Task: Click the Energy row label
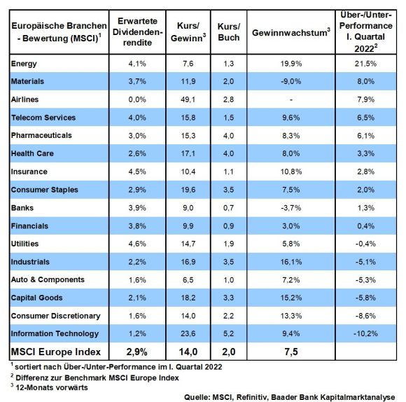24,64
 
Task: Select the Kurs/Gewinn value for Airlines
188,99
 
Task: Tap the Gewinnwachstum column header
291,32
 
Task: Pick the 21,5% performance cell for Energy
365,64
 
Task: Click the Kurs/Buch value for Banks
229,208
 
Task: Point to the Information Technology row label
55,333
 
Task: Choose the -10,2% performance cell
365,333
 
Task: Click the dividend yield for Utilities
137,244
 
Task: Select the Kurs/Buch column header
229,32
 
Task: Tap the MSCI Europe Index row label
56,352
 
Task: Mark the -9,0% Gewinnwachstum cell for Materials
291,82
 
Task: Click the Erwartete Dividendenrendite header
137,32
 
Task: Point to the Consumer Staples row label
45,190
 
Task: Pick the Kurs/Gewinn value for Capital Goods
188,298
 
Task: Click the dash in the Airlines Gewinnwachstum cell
291,99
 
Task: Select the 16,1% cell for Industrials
291,262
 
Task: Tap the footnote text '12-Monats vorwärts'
52,387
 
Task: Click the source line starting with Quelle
290,397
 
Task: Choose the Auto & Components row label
48,279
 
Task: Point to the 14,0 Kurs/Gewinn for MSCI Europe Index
188,352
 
